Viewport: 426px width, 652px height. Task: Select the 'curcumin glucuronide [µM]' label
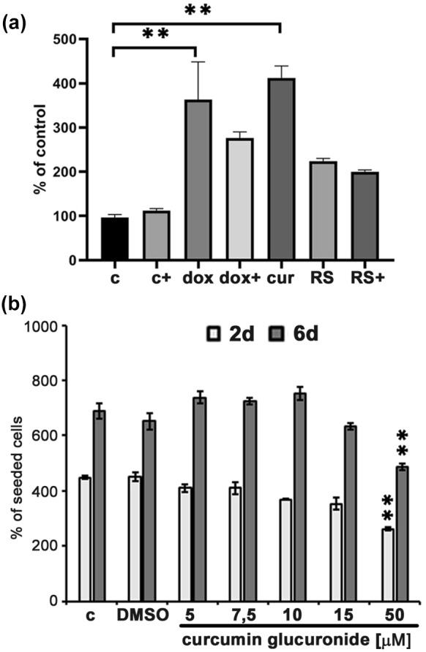[293, 640]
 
